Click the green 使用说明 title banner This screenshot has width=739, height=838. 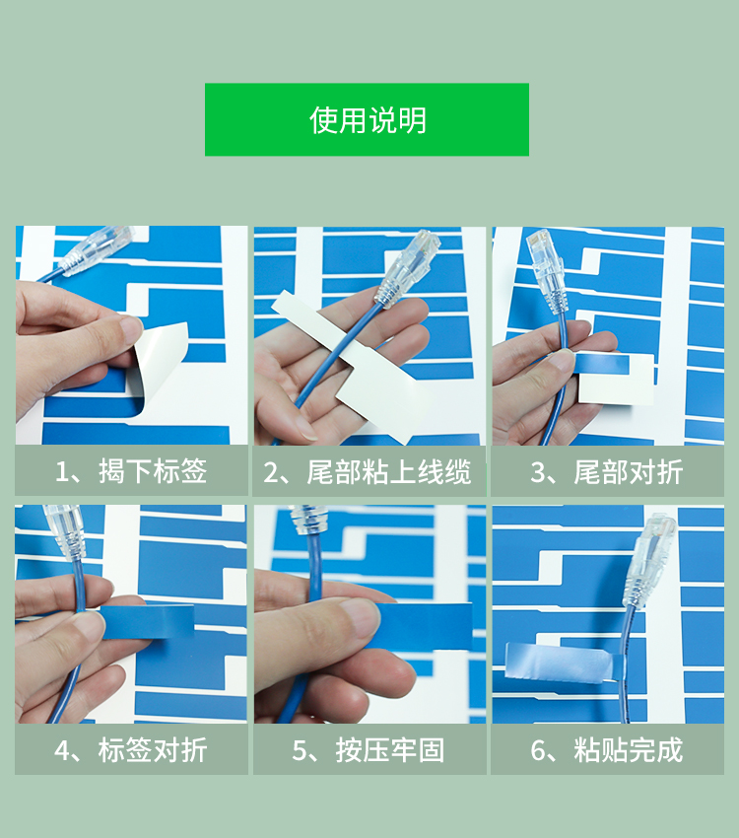point(367,119)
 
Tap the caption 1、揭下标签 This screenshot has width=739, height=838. point(131,471)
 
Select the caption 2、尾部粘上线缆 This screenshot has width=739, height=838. point(368,472)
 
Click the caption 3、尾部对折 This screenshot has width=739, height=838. point(607,472)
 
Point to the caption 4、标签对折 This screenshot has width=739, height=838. point(131,750)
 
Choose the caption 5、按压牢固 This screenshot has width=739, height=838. point(369,750)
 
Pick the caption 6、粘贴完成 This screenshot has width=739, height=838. point(607,750)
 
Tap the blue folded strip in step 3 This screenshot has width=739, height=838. point(602,365)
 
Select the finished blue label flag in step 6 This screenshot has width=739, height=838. point(562,663)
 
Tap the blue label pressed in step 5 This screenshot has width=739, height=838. point(422,626)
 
